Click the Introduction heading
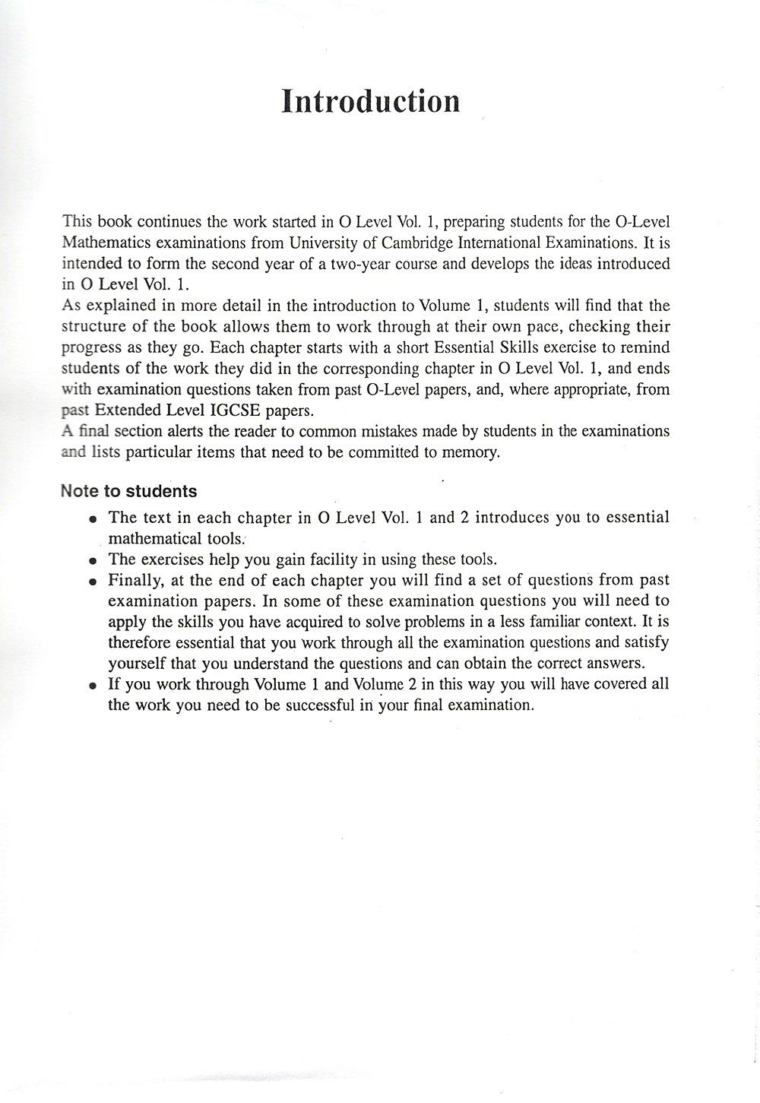[370, 101]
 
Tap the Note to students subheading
[128, 491]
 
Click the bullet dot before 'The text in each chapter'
[92, 519]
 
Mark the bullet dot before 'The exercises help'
[92, 561]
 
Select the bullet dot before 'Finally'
[92, 582]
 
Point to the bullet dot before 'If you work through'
[92, 685]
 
